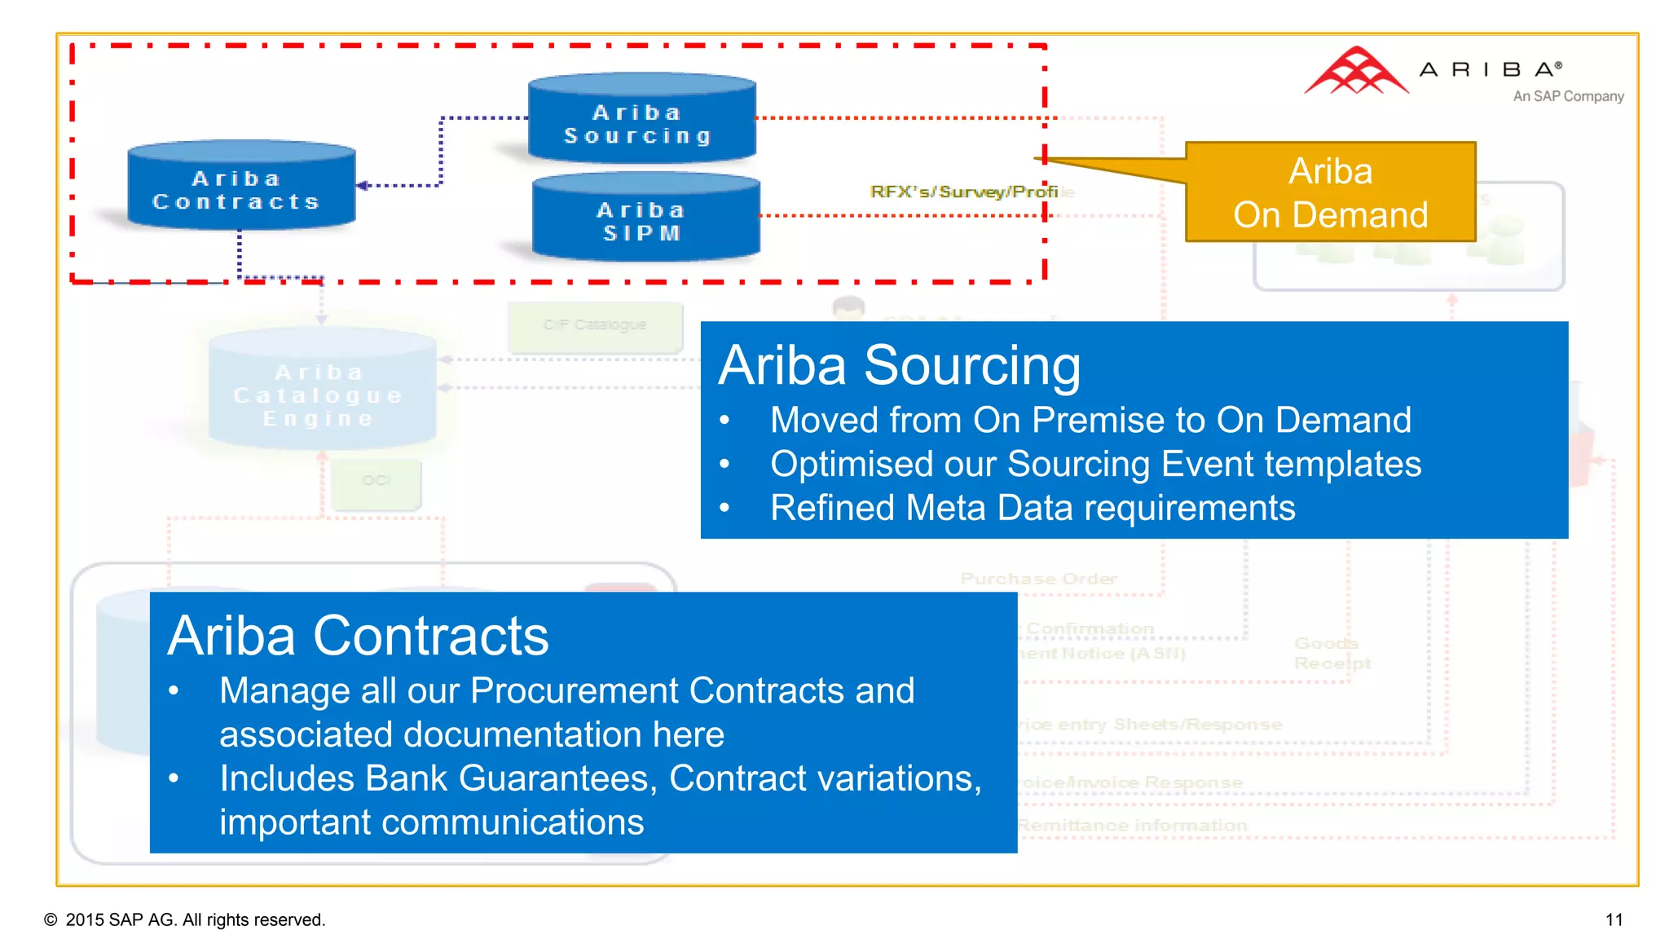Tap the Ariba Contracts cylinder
click(x=240, y=187)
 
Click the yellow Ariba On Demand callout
click(x=1330, y=193)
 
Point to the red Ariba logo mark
click(x=1355, y=73)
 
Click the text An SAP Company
click(x=1567, y=96)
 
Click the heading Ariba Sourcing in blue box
click(x=899, y=365)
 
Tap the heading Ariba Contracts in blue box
click(x=358, y=636)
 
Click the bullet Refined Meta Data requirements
click(x=1032, y=508)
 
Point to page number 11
click(x=1614, y=919)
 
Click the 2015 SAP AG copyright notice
click(x=186, y=919)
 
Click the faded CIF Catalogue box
click(x=595, y=325)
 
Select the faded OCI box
click(x=377, y=482)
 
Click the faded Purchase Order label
click(x=1038, y=579)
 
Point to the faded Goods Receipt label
click(x=1332, y=654)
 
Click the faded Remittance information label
click(x=1133, y=826)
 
